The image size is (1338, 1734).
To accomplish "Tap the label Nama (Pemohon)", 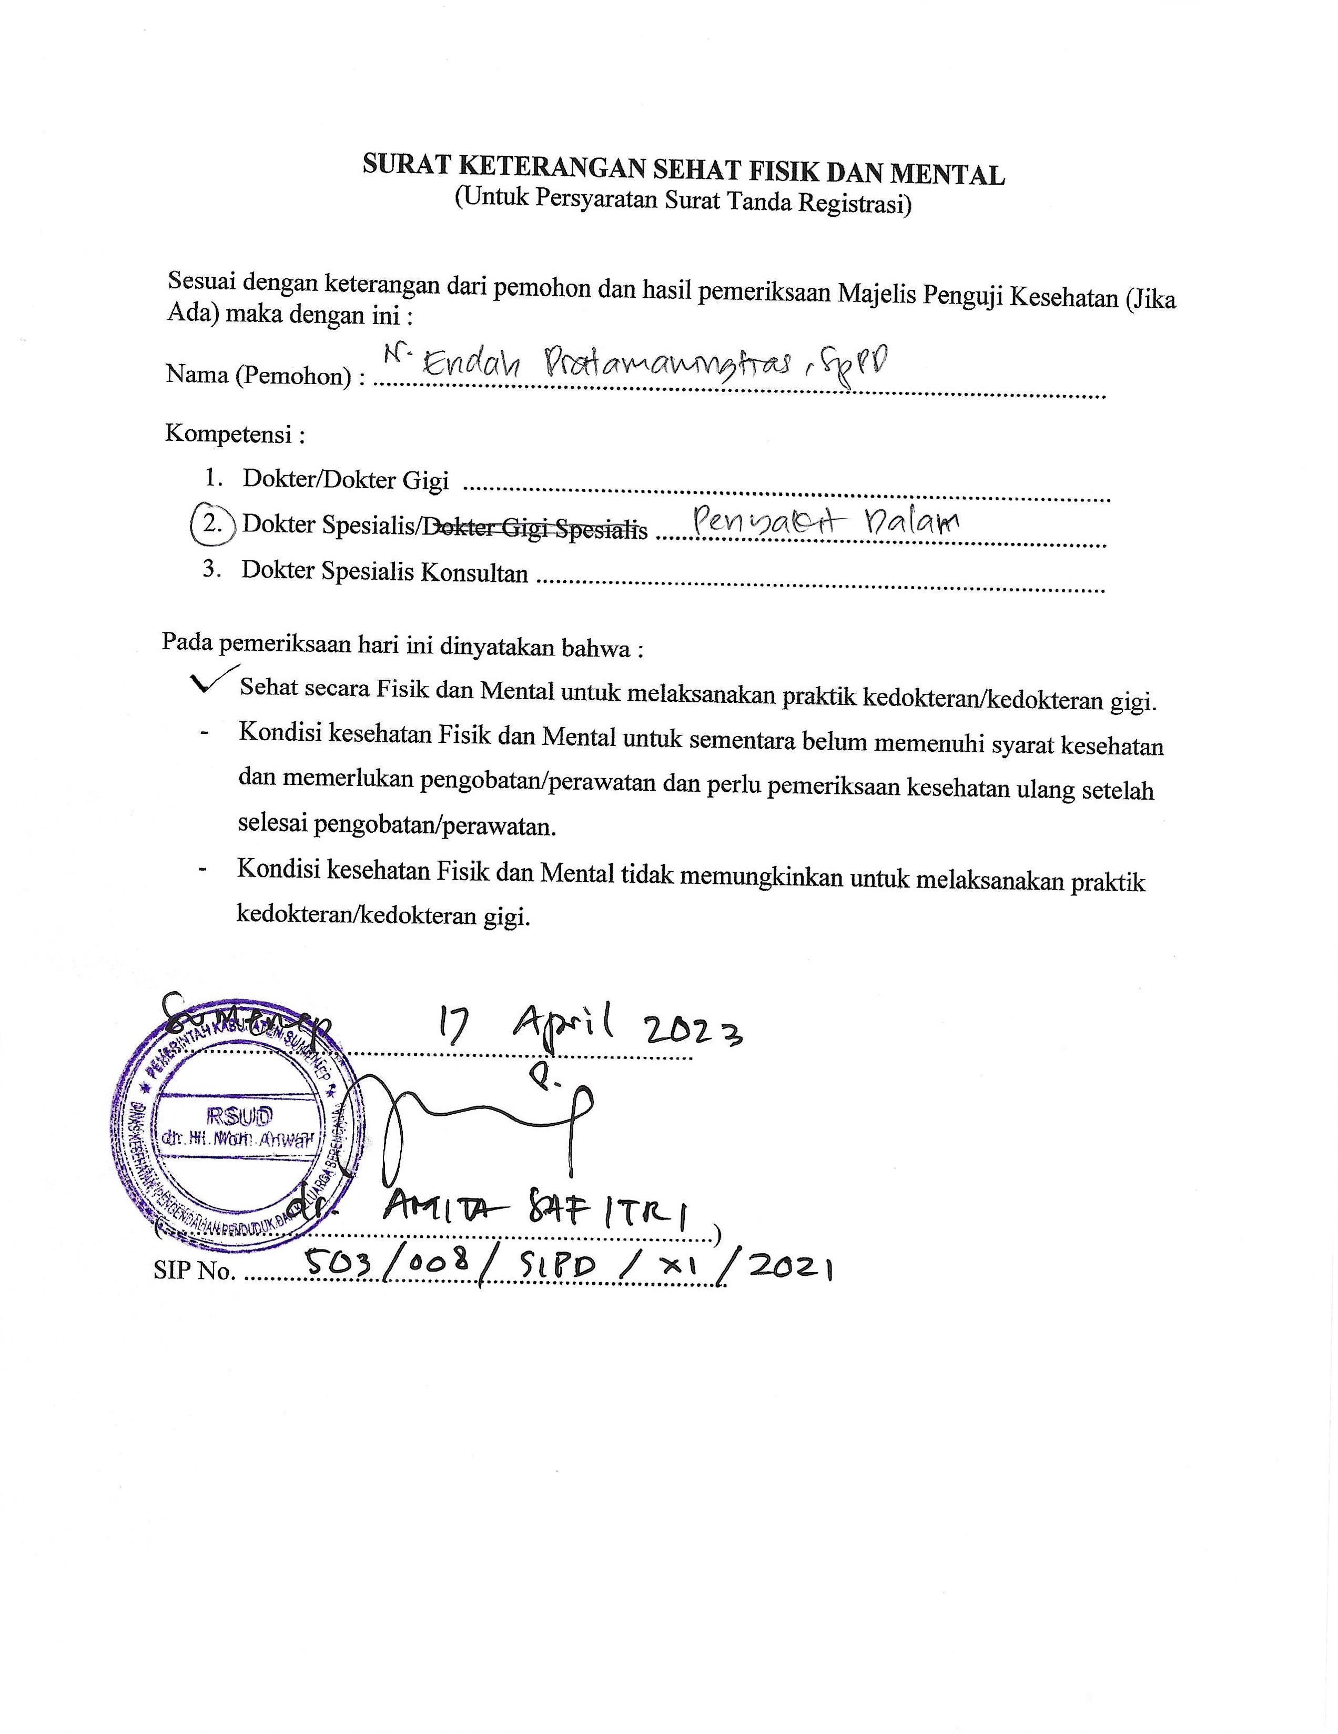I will pyautogui.click(x=258, y=374).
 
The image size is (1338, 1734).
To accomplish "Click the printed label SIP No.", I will pyautogui.click(x=195, y=1271).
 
